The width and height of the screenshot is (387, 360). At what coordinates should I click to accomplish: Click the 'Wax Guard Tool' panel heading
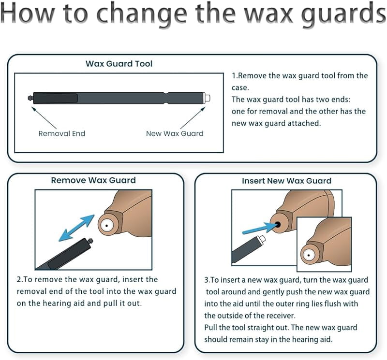[119, 64]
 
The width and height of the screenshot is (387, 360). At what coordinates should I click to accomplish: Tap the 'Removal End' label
[62, 133]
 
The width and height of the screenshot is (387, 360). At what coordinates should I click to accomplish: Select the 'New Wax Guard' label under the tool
[175, 133]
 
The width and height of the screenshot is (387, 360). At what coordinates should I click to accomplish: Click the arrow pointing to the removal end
[44, 117]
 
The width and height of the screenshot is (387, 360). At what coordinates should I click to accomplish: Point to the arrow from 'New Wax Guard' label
[193, 117]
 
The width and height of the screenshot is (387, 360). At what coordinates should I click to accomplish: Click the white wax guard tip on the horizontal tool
[207, 98]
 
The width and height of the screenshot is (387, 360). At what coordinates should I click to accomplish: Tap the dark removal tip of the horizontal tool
[30, 98]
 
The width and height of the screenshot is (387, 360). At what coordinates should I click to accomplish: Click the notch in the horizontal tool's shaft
[165, 98]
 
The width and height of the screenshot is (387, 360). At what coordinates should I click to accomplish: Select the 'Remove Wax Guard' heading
[93, 180]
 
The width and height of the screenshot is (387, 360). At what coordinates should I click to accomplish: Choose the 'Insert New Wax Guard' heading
[286, 181]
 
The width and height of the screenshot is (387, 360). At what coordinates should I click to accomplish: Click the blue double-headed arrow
[76, 228]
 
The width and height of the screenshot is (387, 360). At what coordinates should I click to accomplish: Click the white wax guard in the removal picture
[106, 225]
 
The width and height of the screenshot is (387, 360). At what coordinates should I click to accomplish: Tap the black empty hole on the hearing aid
[277, 224]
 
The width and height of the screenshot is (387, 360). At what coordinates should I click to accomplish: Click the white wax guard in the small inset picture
[309, 255]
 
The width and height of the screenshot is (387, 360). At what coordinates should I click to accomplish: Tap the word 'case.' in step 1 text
[240, 87]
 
